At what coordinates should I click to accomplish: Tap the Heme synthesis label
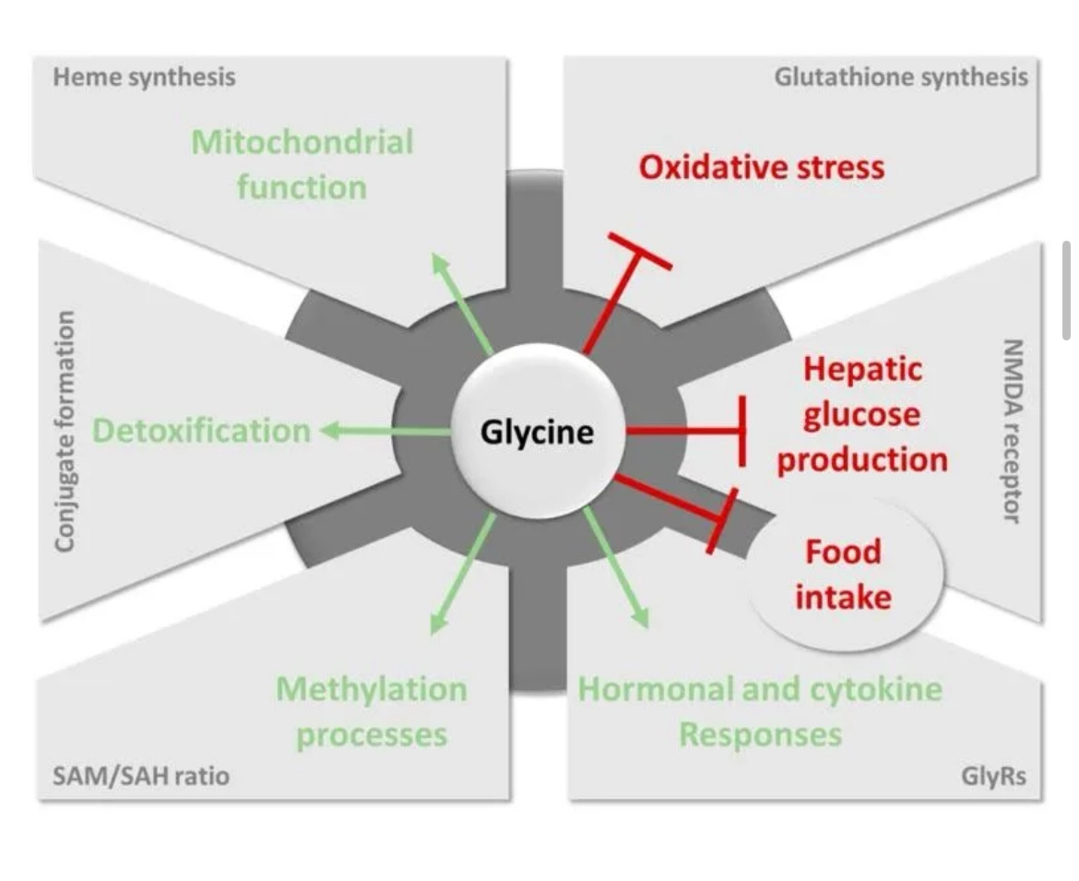click(144, 77)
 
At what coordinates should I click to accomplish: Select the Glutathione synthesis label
click(900, 77)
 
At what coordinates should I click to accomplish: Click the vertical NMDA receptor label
click(1012, 430)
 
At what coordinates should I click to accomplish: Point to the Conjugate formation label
click(65, 431)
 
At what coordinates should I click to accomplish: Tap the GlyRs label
click(992, 775)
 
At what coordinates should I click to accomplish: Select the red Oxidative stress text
click(761, 167)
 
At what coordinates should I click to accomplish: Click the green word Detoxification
click(201, 431)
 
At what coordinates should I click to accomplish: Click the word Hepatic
click(862, 369)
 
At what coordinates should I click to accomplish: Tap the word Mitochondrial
click(302, 142)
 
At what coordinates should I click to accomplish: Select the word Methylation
click(372, 689)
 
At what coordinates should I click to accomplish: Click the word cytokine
click(870, 689)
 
